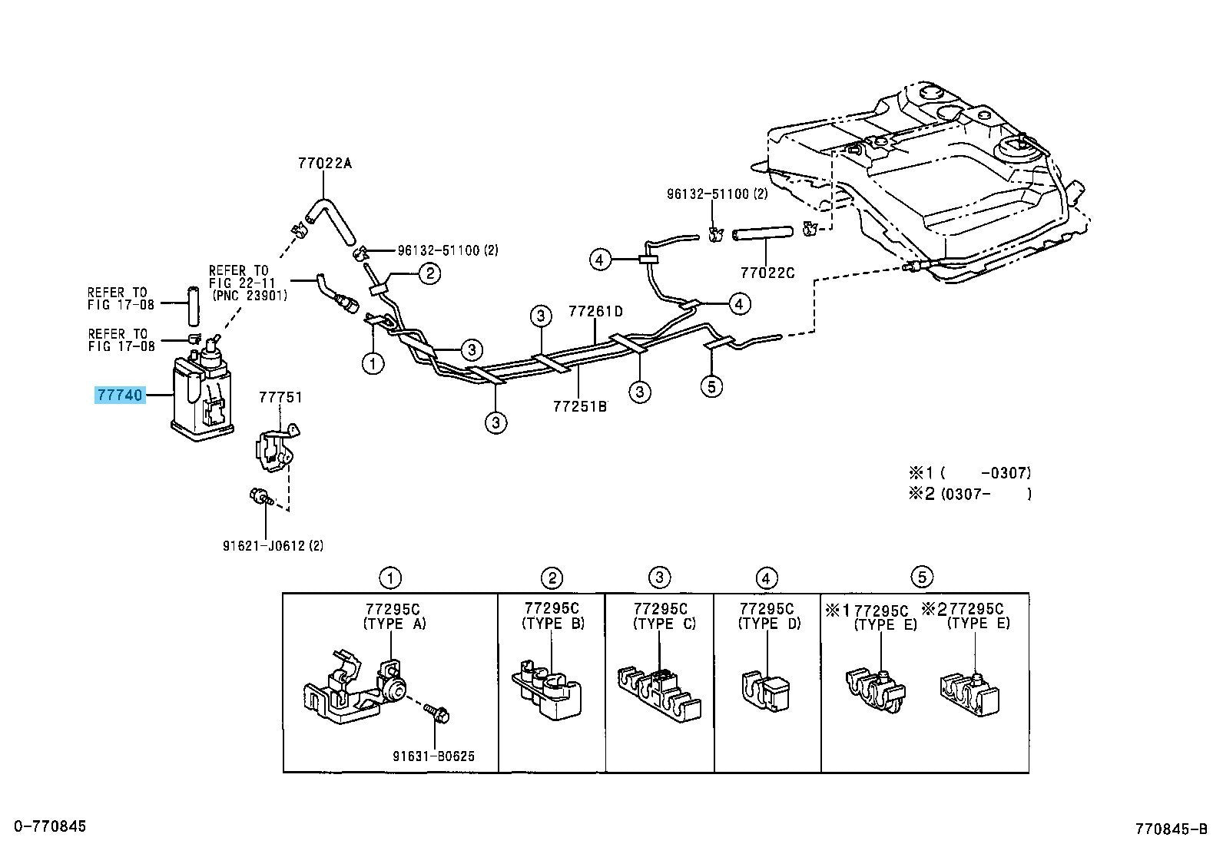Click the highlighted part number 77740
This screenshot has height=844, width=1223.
[120, 396]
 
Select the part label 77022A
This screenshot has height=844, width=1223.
[324, 163]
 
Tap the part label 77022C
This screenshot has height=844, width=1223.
[767, 272]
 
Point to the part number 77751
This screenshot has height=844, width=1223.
[280, 398]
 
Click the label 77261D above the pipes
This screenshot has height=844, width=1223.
[595, 312]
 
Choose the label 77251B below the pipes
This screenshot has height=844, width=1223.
[579, 405]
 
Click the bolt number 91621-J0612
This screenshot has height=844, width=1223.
[273, 546]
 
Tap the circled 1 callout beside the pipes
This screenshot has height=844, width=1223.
[373, 362]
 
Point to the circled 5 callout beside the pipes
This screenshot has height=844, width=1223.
[712, 386]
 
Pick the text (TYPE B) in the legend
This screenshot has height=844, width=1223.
[552, 624]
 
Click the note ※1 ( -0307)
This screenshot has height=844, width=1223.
[970, 473]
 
